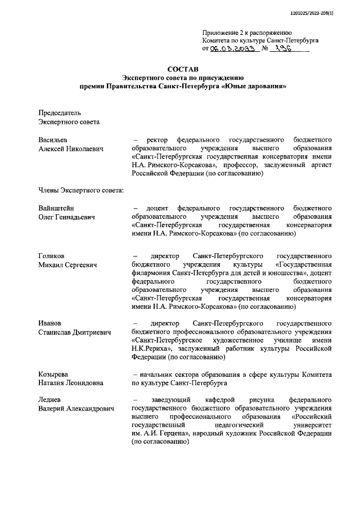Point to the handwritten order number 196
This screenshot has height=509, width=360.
(x=282, y=49)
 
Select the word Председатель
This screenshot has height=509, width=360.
(x=60, y=112)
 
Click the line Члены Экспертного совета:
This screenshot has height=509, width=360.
(x=81, y=190)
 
